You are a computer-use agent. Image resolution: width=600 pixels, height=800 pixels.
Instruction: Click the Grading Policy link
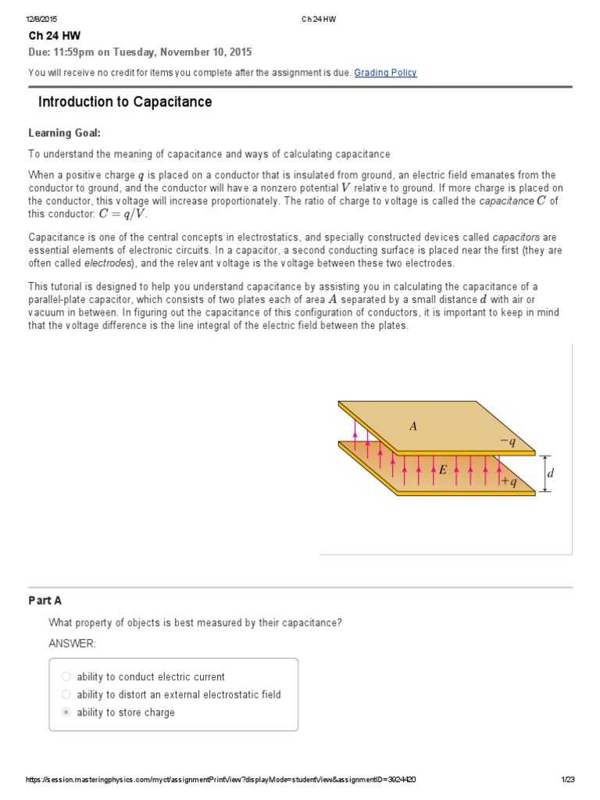[385, 73]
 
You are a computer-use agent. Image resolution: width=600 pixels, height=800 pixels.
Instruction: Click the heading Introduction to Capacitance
[125, 102]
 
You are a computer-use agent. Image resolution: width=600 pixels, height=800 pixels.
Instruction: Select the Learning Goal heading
[65, 133]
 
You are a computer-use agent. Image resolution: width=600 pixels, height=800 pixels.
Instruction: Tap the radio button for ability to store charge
[66, 712]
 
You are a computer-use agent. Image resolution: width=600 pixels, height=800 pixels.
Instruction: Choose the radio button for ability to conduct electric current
[66, 677]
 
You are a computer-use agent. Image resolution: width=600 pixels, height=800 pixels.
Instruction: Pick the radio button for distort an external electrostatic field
[66, 695]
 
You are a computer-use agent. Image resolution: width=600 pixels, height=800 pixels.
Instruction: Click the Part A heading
[45, 601]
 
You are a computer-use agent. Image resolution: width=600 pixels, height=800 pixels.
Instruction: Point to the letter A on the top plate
[413, 427]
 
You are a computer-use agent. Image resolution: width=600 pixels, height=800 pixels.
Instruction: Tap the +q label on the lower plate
[509, 483]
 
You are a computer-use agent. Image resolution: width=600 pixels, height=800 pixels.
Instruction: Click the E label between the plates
[443, 470]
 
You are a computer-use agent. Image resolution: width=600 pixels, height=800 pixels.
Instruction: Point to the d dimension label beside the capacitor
[551, 473]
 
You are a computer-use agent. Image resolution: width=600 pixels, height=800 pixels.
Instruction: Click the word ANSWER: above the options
[72, 643]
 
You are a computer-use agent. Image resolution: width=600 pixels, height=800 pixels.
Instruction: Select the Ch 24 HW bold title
[54, 36]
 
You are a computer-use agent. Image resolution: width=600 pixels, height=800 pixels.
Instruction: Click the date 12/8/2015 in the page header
[41, 19]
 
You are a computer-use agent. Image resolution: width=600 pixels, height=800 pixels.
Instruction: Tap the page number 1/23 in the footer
[568, 779]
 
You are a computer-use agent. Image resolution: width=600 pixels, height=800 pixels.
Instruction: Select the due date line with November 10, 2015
[140, 52]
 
